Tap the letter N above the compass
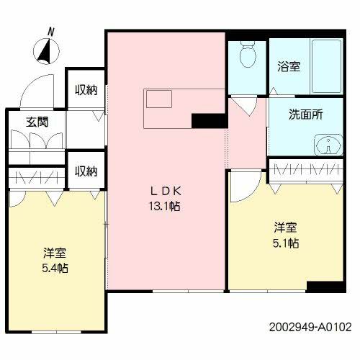[50, 32]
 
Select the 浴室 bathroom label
[289, 66]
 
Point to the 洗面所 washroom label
[305, 114]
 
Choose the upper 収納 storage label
[86, 90]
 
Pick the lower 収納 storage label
[86, 171]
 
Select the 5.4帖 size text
[55, 268]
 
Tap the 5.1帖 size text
[285, 243]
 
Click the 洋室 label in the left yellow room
[55, 253]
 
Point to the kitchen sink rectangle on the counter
[159, 98]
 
